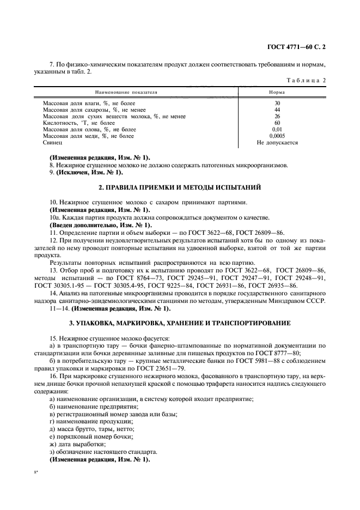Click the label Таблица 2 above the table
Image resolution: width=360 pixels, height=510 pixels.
pos(308,80)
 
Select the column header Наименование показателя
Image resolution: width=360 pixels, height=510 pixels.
pos(126,93)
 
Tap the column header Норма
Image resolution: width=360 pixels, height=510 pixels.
pos(277,93)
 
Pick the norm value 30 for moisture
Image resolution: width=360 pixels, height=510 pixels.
pos(277,103)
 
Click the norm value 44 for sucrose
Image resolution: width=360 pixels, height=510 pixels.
pos(277,110)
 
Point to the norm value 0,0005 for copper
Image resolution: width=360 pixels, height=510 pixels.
pos(277,136)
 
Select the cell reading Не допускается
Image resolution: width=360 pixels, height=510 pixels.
pos(277,142)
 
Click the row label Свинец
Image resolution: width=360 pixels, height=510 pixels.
pos(52,142)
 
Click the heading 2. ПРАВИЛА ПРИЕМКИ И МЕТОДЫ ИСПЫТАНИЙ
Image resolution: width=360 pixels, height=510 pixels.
pos(179,188)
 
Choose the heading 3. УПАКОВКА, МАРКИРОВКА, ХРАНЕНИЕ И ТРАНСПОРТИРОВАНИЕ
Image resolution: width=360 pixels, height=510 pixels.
pos(179,323)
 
